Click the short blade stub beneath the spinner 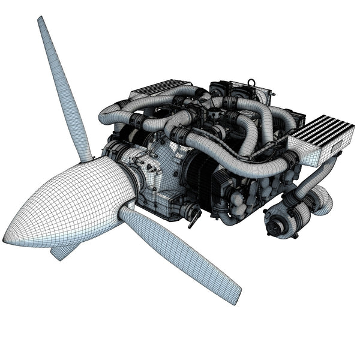[61, 251]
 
